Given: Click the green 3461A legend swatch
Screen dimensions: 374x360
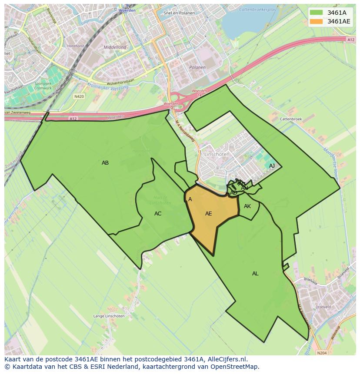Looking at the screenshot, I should pos(317,13).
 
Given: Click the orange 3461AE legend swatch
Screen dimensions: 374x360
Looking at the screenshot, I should pos(317,21).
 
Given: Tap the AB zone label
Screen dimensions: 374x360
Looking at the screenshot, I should pos(105,163).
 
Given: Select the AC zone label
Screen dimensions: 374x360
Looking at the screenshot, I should pos(158,214).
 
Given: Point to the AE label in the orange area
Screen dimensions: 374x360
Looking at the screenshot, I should pos(209,214).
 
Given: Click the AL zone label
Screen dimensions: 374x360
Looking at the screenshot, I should pos(255,274).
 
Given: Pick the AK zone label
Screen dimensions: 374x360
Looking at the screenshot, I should pos(247,206).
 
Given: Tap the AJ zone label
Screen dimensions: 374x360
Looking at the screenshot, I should pos(272,166).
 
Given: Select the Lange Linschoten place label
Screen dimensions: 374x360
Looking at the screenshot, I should pos(109,316).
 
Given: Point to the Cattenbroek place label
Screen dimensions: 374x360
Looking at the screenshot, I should pos(291,119).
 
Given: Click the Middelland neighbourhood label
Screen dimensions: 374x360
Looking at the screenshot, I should pos(115,47).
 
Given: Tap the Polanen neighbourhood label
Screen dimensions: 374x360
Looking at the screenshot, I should pos(197,67).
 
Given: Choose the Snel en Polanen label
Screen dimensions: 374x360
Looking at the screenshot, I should pos(179,13).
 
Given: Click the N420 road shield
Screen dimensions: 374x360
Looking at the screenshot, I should pos(79,96).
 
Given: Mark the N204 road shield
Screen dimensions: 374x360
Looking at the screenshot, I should pos(322,353).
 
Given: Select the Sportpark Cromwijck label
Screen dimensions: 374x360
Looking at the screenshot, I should pos(43,85).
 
